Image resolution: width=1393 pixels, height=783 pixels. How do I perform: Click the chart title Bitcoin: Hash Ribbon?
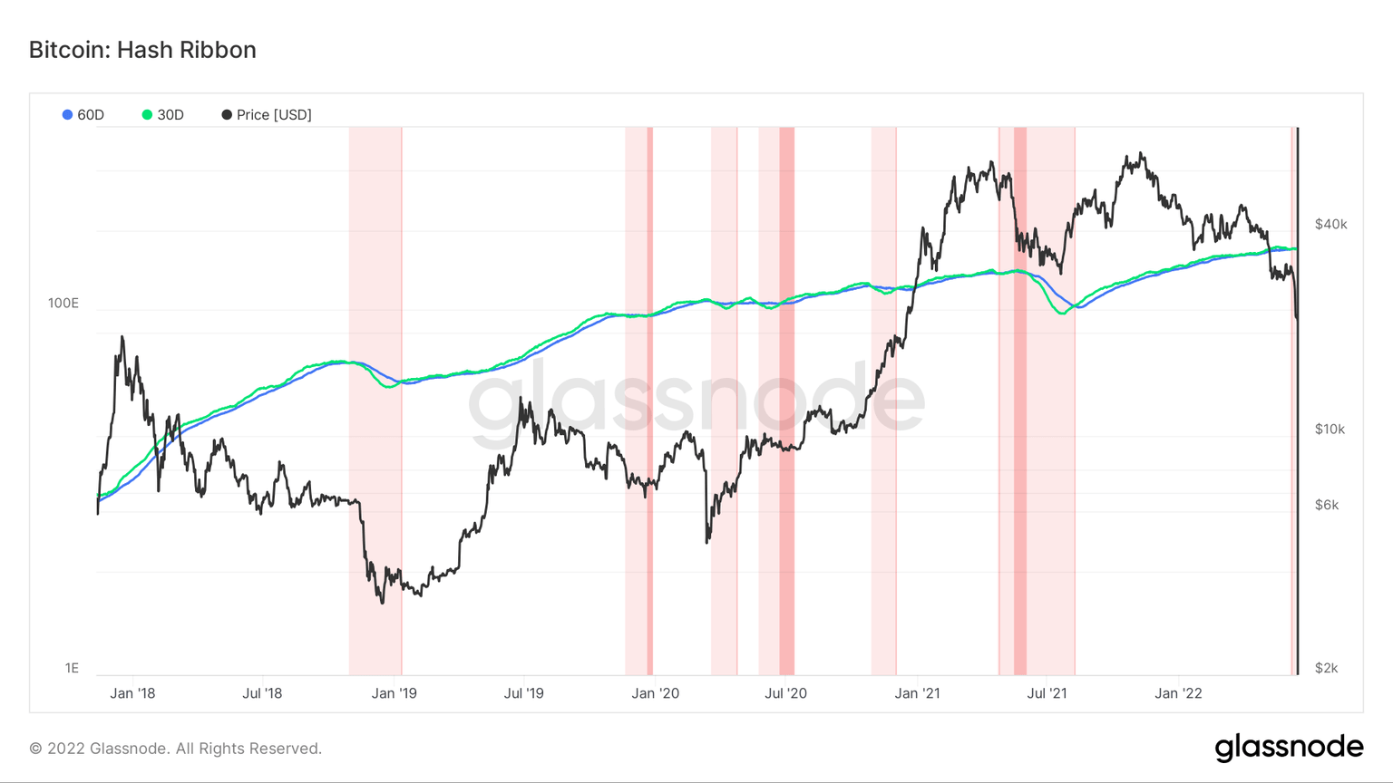coord(142,50)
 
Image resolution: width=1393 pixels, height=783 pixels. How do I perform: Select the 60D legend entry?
coord(83,115)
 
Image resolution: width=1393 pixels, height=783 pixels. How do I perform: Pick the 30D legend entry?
coord(163,115)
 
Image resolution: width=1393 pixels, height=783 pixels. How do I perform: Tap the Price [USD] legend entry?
coord(267,115)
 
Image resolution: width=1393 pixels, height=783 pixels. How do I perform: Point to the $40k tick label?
coord(1330,224)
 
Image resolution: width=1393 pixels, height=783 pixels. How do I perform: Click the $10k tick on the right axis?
coord(1330,429)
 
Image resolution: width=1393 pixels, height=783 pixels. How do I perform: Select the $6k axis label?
coord(1327,505)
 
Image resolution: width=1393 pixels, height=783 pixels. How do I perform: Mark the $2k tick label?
coord(1326,668)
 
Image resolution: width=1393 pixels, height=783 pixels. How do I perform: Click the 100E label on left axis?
coord(63,303)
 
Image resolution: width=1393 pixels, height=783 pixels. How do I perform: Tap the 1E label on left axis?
coord(72,668)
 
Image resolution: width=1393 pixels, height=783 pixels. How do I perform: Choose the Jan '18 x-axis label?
coord(132,693)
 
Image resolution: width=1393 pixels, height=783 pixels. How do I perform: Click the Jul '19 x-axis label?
coord(523,693)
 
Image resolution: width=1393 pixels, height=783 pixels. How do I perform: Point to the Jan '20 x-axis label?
coord(655,693)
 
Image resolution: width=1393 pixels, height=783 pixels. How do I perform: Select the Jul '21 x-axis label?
coord(1047,693)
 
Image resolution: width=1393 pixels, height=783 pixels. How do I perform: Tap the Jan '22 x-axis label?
coord(1178,693)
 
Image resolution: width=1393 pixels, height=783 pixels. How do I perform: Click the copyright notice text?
coord(175,749)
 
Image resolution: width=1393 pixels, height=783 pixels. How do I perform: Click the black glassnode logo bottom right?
coord(1289,748)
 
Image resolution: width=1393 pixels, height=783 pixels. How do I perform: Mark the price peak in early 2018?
coord(122,338)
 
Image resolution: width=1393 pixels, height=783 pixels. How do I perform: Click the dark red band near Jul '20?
coord(786,399)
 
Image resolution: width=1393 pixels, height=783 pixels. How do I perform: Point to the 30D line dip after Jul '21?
coord(1061,313)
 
